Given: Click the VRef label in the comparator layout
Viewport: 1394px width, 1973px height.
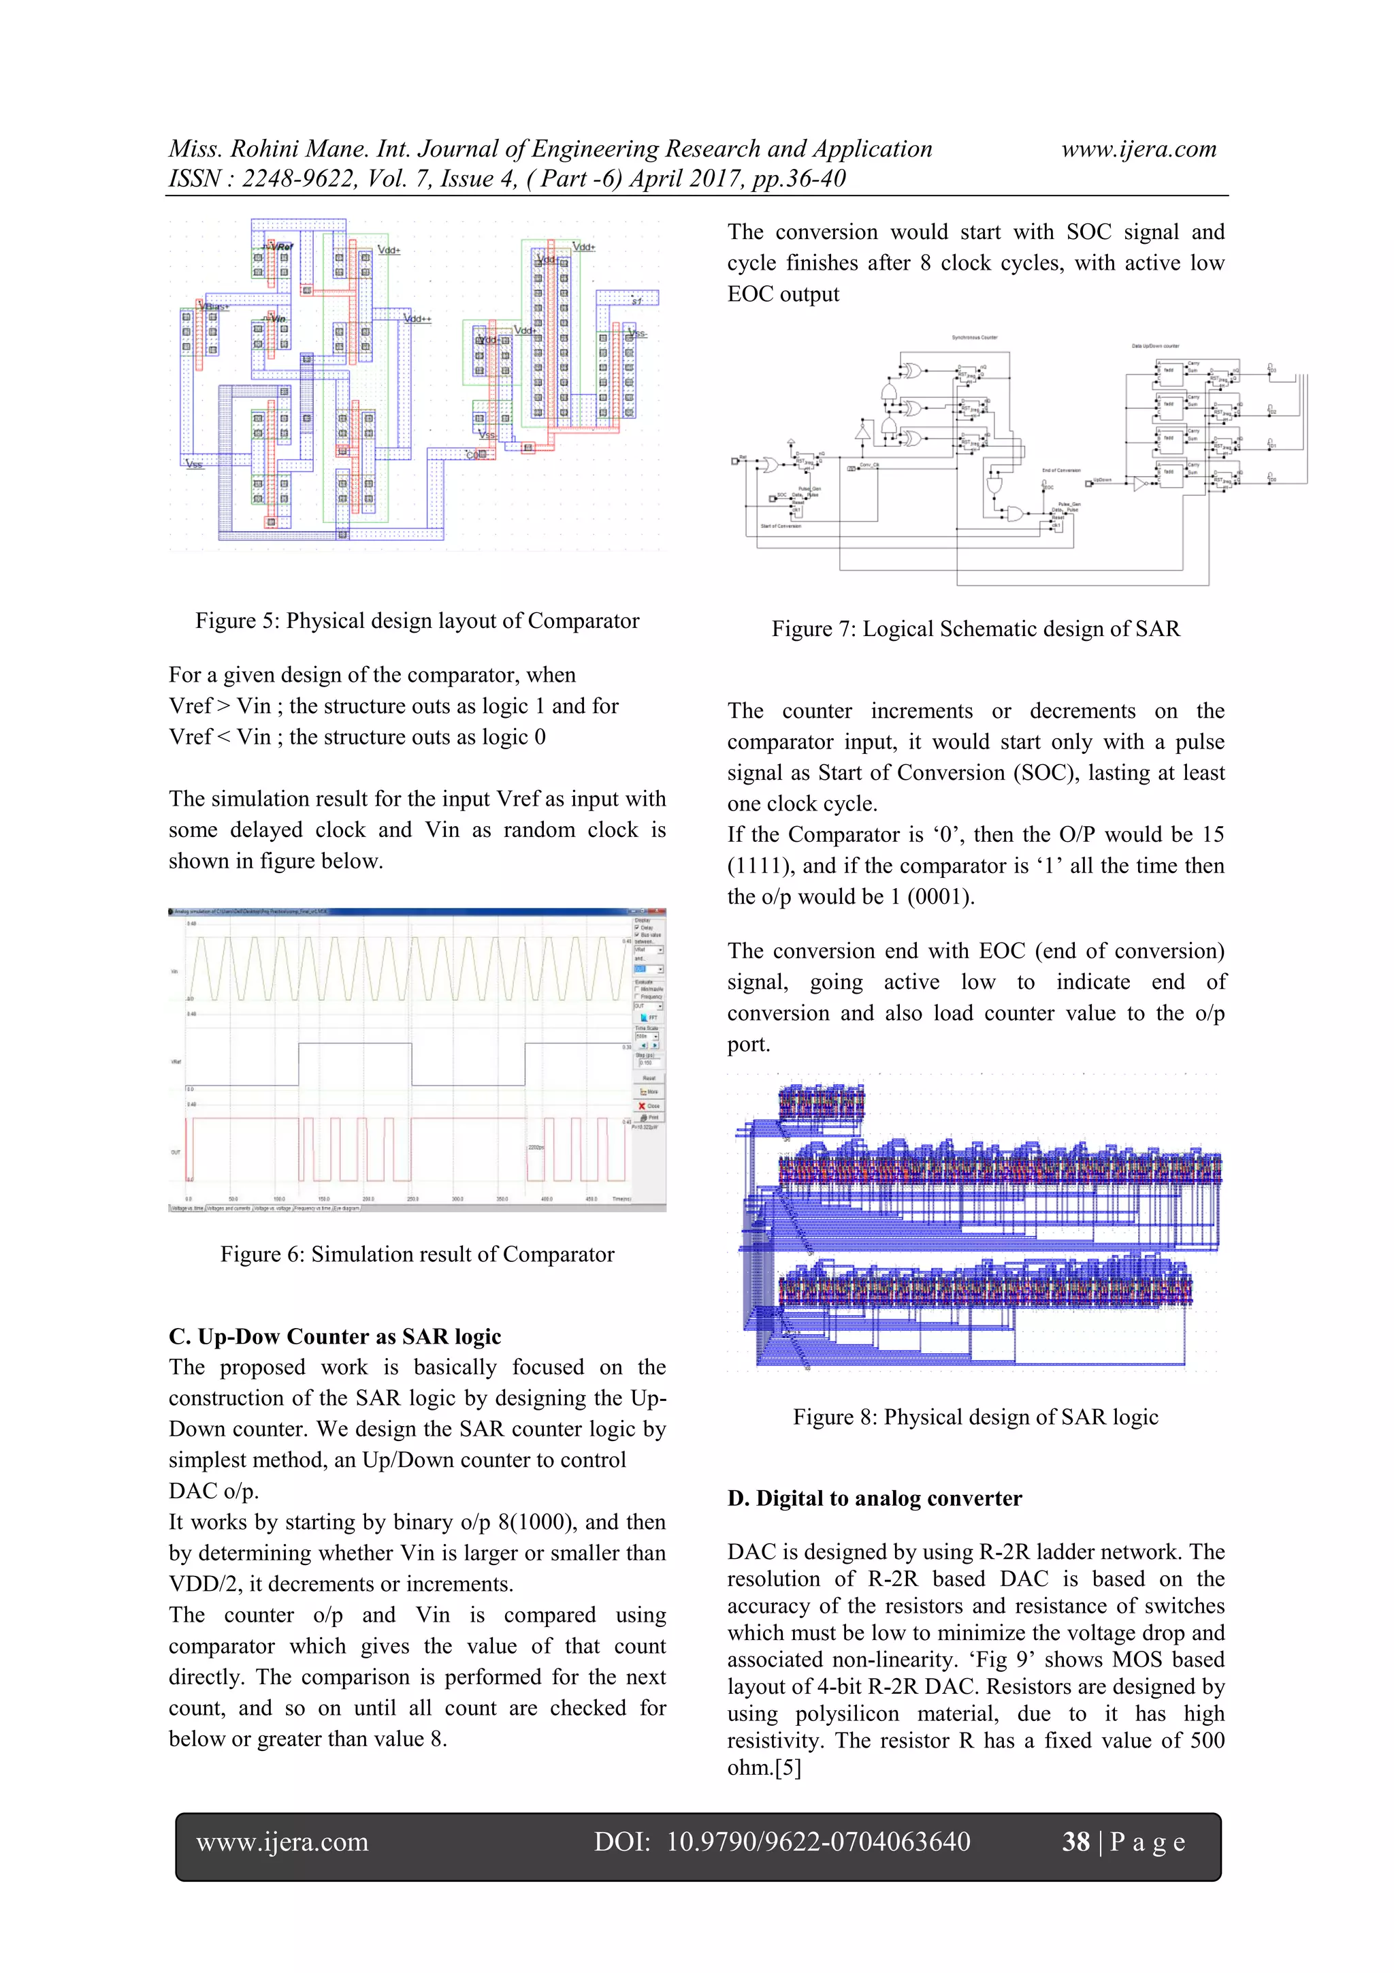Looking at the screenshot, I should [281, 247].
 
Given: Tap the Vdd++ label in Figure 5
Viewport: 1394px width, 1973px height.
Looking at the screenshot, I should [417, 319].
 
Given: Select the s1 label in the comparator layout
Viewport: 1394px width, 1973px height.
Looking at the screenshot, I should [636, 302].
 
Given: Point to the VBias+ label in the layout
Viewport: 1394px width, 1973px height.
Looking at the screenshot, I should [213, 306].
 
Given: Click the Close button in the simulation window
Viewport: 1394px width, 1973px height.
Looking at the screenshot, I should [649, 1106].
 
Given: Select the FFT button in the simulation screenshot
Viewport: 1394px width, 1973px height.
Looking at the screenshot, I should [650, 1018].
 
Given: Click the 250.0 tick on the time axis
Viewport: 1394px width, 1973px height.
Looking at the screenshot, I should [413, 1199].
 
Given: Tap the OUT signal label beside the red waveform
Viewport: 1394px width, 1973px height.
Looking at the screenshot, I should [176, 1152].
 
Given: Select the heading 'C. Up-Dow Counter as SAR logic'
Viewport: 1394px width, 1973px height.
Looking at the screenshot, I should [335, 1336].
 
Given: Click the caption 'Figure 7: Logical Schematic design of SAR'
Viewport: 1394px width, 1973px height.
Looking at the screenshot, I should [975, 629].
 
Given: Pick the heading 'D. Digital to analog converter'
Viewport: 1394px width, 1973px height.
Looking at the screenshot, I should [875, 1499].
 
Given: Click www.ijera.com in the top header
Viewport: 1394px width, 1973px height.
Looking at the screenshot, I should [1138, 150].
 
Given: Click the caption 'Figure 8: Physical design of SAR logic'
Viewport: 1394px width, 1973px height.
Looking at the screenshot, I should [975, 1417].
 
